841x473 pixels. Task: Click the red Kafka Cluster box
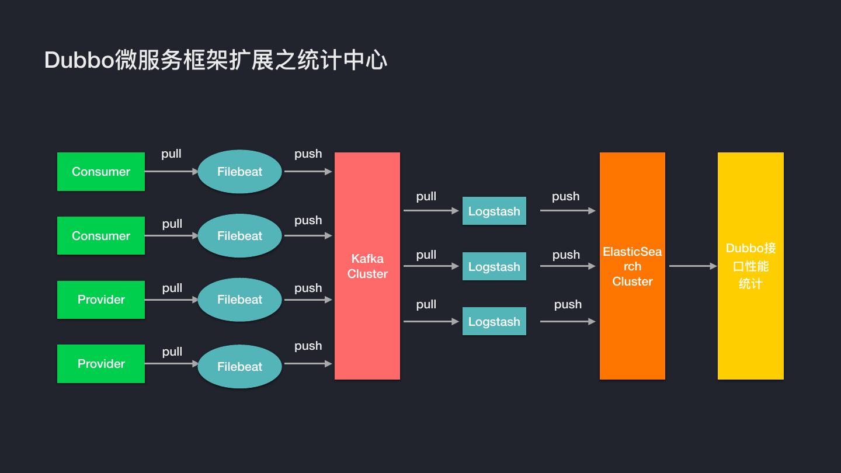click(x=367, y=266)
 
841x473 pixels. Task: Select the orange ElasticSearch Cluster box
click(x=632, y=266)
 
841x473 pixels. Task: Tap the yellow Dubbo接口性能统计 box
click(x=750, y=266)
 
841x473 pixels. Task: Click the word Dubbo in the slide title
click(x=79, y=61)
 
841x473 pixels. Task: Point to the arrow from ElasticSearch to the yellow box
click(x=693, y=266)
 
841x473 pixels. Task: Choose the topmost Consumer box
click(x=101, y=172)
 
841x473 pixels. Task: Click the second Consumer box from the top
click(x=101, y=236)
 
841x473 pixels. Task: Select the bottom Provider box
click(x=101, y=364)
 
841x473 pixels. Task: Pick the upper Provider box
click(x=101, y=300)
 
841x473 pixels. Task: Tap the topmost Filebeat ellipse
click(x=239, y=172)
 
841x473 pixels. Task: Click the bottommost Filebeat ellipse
click(x=239, y=367)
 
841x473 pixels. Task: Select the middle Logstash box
click(x=494, y=267)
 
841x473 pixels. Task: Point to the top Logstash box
click(x=494, y=211)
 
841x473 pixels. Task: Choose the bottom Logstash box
click(x=494, y=322)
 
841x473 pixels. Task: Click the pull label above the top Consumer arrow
click(x=171, y=154)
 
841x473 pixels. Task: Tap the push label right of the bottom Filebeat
click(x=308, y=346)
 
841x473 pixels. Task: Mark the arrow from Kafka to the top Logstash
click(x=431, y=211)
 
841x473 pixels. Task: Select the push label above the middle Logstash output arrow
click(x=566, y=255)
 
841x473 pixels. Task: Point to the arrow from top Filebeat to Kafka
click(x=308, y=172)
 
